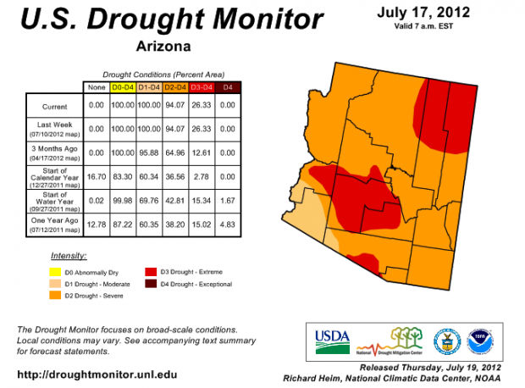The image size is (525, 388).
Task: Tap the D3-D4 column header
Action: click(200, 87)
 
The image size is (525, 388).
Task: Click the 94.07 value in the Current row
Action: click(174, 107)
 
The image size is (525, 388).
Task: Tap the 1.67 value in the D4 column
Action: click(226, 202)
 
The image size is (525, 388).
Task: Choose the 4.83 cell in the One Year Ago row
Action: click(226, 225)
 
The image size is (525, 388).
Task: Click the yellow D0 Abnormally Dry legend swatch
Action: click(55, 272)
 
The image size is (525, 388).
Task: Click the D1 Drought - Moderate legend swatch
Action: click(55, 284)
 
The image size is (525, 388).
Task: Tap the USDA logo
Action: click(332, 339)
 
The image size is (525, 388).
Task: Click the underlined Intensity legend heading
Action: click(69, 255)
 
